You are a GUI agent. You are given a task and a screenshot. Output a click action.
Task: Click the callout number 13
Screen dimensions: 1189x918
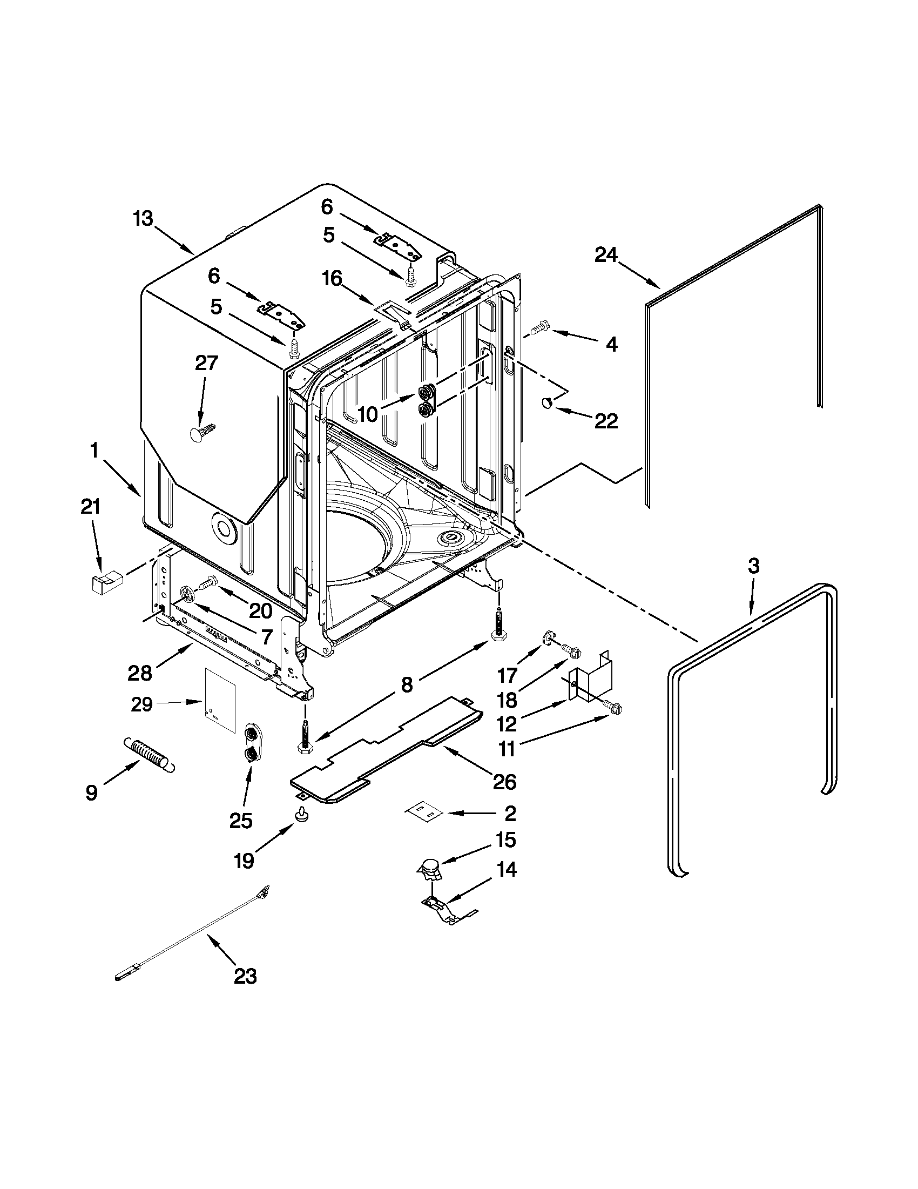tap(143, 220)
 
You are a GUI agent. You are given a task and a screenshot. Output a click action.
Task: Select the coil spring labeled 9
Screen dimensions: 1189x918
tap(150, 753)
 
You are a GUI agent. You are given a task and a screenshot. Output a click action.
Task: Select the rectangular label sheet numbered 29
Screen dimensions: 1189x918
tap(220, 701)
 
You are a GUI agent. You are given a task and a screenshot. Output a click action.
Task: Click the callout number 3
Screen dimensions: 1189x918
tap(753, 566)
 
